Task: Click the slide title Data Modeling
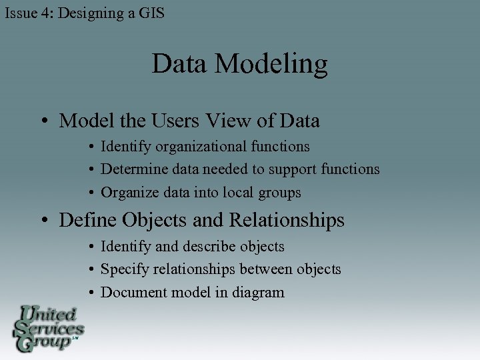pyautogui.click(x=239, y=65)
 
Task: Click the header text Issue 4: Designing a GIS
pyautogui.click(x=85, y=13)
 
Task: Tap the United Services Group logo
pyautogui.click(x=48, y=328)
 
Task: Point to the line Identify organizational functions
pyautogui.click(x=205, y=146)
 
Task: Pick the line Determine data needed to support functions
pyautogui.click(x=240, y=169)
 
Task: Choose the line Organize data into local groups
pyautogui.click(x=201, y=193)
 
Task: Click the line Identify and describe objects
pyautogui.click(x=192, y=247)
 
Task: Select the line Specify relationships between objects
pyautogui.click(x=221, y=269)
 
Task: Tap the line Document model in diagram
pyautogui.click(x=192, y=293)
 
